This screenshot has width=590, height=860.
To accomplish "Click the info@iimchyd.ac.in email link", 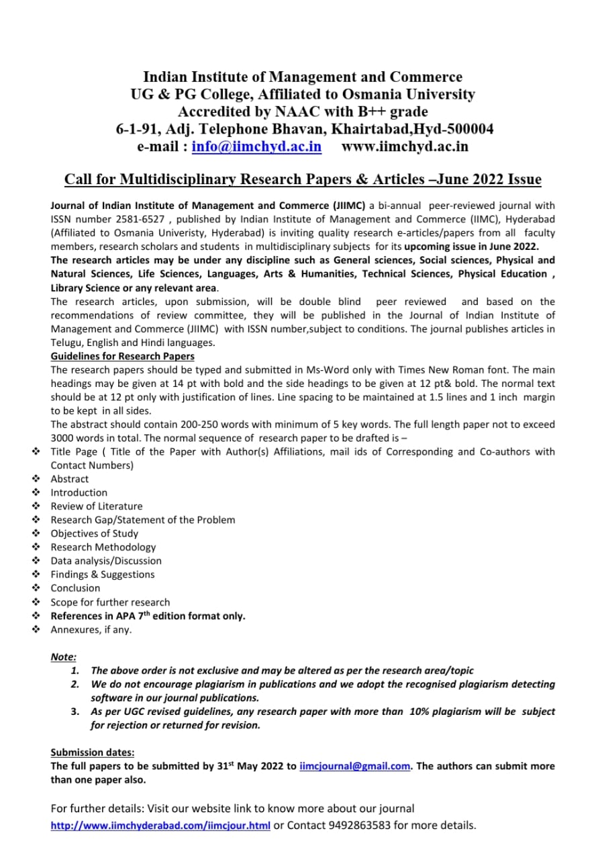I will pos(256,146).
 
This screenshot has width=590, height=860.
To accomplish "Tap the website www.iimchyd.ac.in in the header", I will pos(405,146).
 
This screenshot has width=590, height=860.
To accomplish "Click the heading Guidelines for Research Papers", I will pos(123,356).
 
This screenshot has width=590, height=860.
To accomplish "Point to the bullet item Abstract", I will pos(70,479).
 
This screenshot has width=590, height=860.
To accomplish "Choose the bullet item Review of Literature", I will pos(97,506).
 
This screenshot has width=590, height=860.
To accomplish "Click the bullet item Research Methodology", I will pos(103,547).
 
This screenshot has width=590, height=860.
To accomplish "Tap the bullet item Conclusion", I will pos(75,588).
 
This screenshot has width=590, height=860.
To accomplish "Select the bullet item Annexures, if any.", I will pos(91,630).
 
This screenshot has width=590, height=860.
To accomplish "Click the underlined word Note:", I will pos(64,657).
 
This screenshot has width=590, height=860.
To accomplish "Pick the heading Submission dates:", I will pos(93,752).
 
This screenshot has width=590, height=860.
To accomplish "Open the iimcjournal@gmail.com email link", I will pos(354,766).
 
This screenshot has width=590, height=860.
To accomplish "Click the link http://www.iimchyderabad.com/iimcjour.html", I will pos(160,825).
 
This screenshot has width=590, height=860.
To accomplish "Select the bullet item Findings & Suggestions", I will pos(103,574).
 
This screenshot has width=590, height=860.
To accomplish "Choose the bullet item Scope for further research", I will pos(111,602).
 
